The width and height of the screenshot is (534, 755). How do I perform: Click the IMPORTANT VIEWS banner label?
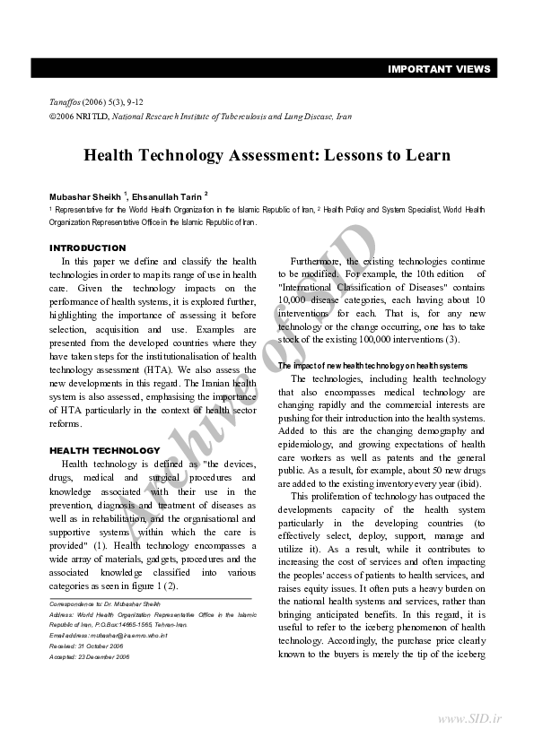point(439,69)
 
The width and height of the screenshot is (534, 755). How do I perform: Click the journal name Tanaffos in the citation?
point(65,103)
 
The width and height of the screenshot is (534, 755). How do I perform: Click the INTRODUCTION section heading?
point(87,247)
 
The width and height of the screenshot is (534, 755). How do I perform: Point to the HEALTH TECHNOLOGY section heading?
point(104,450)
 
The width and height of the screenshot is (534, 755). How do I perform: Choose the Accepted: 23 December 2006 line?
point(90,656)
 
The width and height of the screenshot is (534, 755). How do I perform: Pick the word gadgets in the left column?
point(150,559)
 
